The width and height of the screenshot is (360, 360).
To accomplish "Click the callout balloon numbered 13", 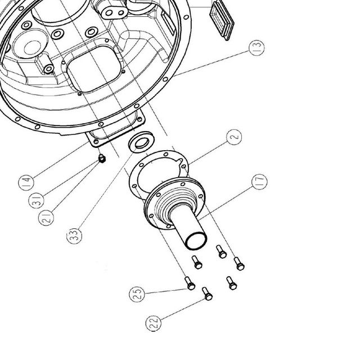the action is pos(256,48).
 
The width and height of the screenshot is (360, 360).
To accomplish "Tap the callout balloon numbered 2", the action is pos(234,137).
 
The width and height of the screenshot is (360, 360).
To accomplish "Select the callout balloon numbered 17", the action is pos(259,182).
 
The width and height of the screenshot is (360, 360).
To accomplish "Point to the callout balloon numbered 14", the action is pos(26,182).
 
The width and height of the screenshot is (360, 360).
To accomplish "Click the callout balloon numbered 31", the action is pos(36,200).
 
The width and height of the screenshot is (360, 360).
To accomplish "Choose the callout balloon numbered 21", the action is pos(46,218).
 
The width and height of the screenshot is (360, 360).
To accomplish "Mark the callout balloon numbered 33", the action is pos(74,236).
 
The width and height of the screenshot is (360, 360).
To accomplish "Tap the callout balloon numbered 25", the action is pos(137,294).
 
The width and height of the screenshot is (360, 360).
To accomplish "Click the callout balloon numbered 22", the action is pos(154,323).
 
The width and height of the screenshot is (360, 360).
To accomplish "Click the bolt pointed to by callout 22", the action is pos(208,294).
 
